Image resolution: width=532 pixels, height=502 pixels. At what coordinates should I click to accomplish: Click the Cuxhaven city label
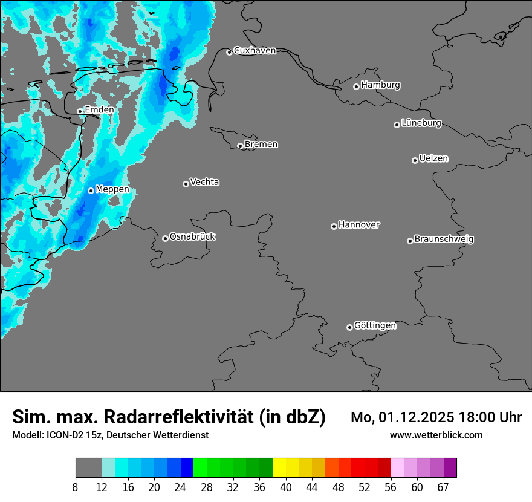[255, 51]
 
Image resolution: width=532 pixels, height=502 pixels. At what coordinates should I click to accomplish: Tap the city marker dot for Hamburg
[356, 86]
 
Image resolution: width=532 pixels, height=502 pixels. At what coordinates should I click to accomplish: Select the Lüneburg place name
[421, 123]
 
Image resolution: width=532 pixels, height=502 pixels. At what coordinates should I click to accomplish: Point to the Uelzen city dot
[415, 160]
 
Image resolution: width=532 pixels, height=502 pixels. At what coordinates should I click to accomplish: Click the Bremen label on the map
[261, 144]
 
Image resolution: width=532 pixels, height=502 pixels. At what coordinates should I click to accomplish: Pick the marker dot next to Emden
[80, 111]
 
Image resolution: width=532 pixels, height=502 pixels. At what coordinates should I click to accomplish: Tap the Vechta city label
[204, 182]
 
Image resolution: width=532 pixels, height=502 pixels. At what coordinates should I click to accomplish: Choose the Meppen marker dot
[91, 191]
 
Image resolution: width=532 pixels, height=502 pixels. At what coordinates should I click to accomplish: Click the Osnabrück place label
[192, 236]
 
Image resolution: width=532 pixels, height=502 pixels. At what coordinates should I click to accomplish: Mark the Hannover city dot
[334, 226]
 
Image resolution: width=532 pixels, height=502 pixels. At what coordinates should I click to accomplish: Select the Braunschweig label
[444, 239]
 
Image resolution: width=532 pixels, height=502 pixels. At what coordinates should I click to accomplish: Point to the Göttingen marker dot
[349, 327]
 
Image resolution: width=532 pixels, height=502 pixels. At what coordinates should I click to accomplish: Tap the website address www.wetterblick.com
[436, 435]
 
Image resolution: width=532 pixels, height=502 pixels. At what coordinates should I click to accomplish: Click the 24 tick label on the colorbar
[180, 487]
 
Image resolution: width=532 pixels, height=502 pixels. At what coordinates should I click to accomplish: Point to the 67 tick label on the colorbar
[444, 487]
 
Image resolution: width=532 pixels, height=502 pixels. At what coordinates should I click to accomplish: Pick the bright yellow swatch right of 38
[279, 468]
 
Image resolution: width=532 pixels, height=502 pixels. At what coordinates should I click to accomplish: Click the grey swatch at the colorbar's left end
[88, 468]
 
